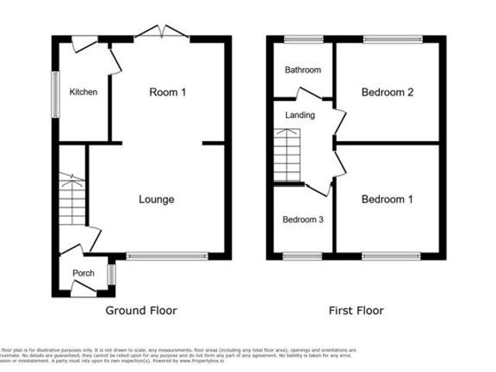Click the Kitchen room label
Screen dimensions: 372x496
[x=84, y=92]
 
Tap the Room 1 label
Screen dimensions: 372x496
[x=168, y=92]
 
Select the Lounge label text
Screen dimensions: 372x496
[x=156, y=199]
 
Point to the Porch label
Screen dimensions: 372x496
[x=83, y=273]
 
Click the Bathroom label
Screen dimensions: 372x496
[x=301, y=71]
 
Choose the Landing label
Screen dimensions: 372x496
[x=300, y=115]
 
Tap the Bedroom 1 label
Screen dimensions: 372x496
[x=387, y=199]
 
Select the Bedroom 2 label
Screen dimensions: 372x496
[x=387, y=92]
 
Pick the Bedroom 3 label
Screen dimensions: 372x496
[x=301, y=219]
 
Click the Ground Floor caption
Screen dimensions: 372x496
[x=141, y=311]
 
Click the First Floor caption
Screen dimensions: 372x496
[x=356, y=311]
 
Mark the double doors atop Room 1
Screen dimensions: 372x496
[x=160, y=33]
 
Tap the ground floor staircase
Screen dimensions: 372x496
[x=71, y=202]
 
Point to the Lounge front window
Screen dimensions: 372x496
[x=167, y=255]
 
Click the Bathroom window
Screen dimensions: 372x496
[x=301, y=38]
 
